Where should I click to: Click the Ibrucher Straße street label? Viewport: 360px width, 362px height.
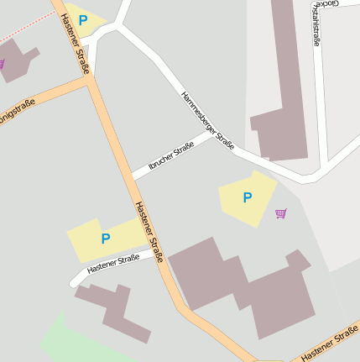(x=170, y=156)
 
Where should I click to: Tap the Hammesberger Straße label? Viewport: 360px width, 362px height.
(x=207, y=121)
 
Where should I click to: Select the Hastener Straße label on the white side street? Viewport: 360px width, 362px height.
(x=113, y=265)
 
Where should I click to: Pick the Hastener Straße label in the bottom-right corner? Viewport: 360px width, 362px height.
(x=331, y=347)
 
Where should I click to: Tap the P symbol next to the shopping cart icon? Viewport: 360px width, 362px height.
(x=247, y=198)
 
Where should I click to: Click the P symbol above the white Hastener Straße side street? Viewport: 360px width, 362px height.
(x=106, y=239)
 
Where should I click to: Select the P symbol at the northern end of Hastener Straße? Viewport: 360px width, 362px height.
(x=83, y=18)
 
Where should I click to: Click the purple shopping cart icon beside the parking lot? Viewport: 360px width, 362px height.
(x=280, y=213)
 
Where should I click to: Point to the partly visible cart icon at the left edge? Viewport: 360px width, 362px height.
(x=2, y=64)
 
